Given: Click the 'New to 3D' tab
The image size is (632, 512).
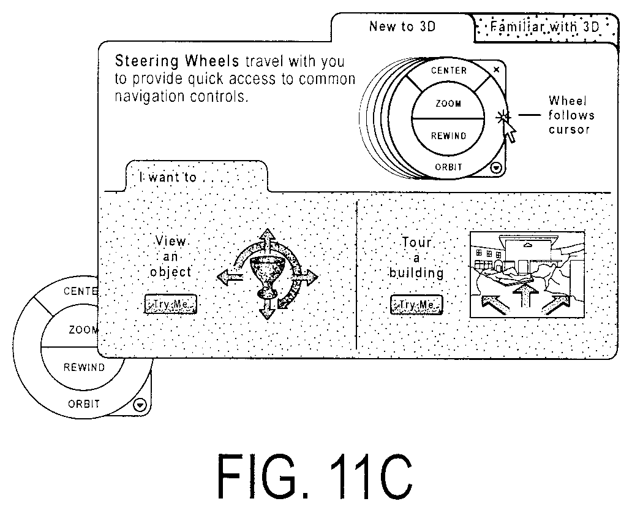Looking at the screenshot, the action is click(402, 26).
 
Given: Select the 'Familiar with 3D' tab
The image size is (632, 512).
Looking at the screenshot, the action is click(546, 27).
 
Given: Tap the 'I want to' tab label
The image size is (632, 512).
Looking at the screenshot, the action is click(168, 177).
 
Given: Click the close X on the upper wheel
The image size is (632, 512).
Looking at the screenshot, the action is click(497, 69).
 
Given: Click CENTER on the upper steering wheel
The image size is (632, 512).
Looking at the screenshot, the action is click(449, 71).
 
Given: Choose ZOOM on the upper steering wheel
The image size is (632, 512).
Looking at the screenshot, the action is click(448, 104).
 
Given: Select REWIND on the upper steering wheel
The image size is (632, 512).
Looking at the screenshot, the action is click(448, 136).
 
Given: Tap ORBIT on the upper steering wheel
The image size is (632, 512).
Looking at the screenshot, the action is click(448, 167).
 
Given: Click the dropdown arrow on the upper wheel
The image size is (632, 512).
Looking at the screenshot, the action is click(496, 167).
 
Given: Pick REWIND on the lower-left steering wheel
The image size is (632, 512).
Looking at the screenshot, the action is click(84, 367).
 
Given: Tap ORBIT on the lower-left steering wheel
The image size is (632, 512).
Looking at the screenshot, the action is click(84, 404).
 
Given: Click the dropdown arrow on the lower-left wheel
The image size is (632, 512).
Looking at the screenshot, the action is click(140, 405).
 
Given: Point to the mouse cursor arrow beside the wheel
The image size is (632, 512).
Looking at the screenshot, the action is click(510, 131).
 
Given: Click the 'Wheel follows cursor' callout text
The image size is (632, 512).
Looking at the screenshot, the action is click(571, 115).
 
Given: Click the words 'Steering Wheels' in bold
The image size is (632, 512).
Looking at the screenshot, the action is click(177, 61).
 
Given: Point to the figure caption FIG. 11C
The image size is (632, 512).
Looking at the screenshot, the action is click(315, 476).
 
